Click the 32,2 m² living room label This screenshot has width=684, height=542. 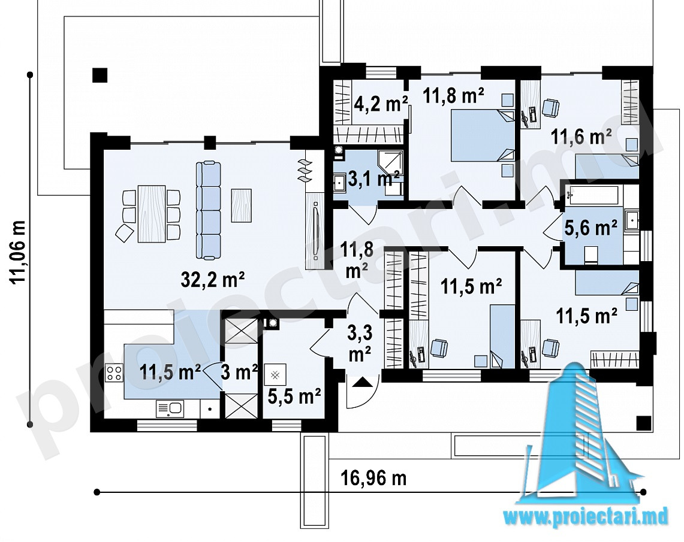pyautogui.click(x=212, y=279)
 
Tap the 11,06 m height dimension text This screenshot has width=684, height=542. pyautogui.click(x=19, y=253)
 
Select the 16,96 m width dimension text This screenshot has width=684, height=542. pyautogui.click(x=373, y=478)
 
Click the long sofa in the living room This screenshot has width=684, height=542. pyautogui.click(x=209, y=211)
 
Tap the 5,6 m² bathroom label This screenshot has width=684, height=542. pyautogui.click(x=590, y=228)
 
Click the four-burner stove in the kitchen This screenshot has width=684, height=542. pyautogui.click(x=114, y=373)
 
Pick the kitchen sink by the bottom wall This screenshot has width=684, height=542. pyautogui.click(x=170, y=409)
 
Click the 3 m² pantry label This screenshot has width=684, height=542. pyautogui.click(x=239, y=373)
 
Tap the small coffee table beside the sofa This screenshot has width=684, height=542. pyautogui.click(x=241, y=205)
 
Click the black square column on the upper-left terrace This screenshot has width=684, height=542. pyautogui.click(x=100, y=75)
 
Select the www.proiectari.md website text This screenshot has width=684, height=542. pyautogui.click(x=586, y=517)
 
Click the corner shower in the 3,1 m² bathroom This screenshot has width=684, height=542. pyautogui.click(x=390, y=162)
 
